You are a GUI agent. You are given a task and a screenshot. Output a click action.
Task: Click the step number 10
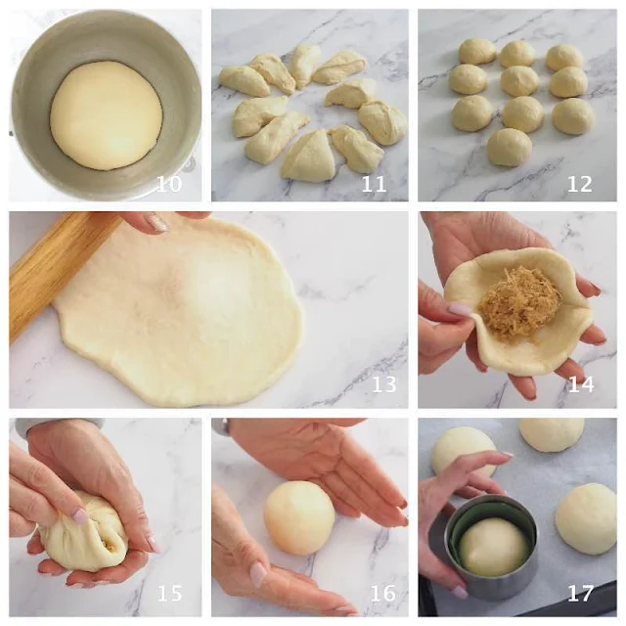[x=169, y=184]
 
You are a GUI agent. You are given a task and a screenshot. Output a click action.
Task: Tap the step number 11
[x=374, y=184]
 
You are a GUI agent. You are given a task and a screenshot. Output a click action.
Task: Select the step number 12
[x=580, y=184]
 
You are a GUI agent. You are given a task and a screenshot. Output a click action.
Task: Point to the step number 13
[x=384, y=384]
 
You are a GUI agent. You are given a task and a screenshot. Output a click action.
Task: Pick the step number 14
[x=580, y=384]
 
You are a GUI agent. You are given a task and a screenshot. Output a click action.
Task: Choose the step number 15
[x=169, y=594]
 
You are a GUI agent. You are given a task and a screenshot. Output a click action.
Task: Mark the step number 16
[x=383, y=594]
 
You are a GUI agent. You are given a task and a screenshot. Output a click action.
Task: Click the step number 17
[x=580, y=594]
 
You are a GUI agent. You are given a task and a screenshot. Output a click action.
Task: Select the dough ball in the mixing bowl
[x=107, y=115]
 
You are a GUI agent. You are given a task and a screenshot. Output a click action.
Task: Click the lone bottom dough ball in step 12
[x=510, y=147]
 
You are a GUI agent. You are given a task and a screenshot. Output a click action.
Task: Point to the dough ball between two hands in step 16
[x=299, y=517]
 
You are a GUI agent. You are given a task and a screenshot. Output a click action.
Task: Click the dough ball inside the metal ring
[x=493, y=547]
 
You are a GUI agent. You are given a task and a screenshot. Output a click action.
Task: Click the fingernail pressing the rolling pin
[x=157, y=222]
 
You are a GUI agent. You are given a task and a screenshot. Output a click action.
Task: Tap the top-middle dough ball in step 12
[x=517, y=54]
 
